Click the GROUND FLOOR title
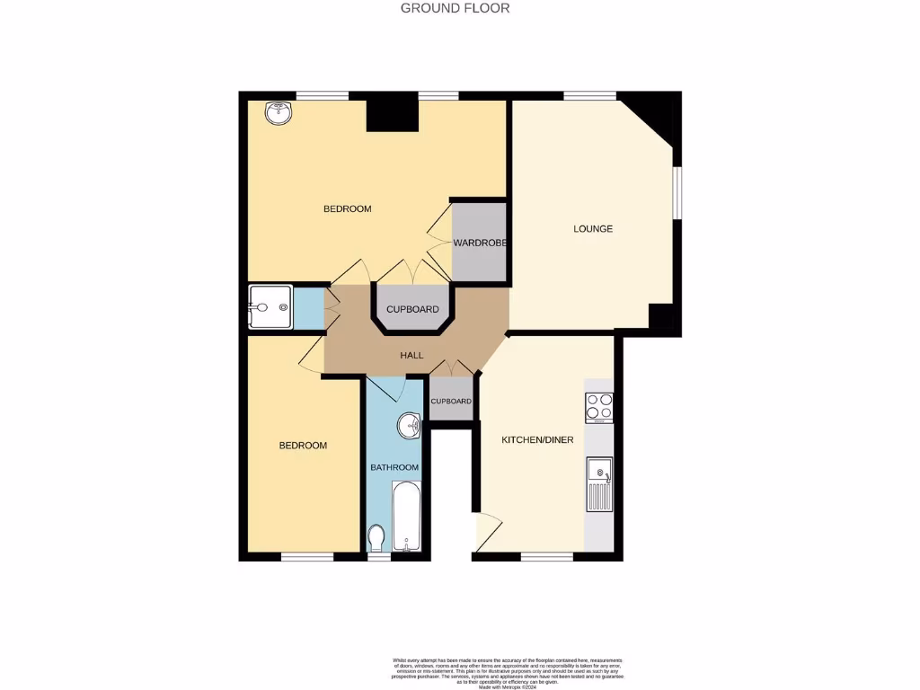coord(455,8)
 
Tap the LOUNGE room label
coord(593,229)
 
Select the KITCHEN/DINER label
coord(537,439)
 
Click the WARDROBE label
coord(481,243)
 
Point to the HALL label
coord(411,356)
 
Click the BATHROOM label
coord(395,467)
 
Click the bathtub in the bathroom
coord(406,518)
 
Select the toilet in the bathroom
coord(377,538)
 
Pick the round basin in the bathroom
coord(409,426)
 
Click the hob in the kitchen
coord(599,408)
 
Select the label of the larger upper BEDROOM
coord(347,209)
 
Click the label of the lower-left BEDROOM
coord(303,446)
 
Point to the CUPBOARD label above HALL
coord(412,310)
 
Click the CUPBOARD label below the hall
coord(451,401)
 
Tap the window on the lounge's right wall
coord(678,190)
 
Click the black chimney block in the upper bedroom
coord(393,115)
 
